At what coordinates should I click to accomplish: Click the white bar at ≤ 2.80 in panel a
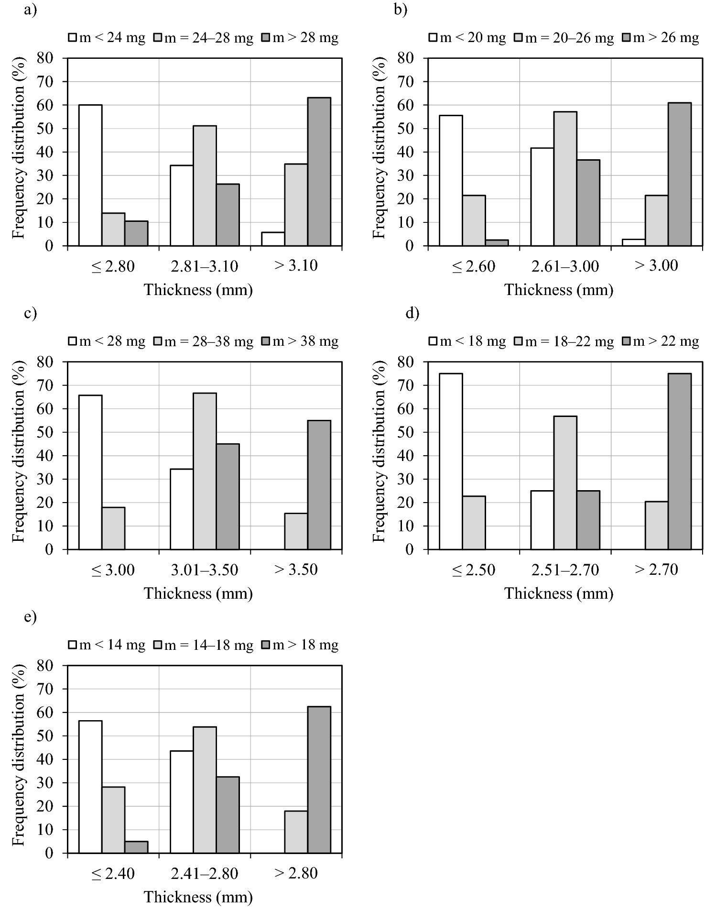click(90, 175)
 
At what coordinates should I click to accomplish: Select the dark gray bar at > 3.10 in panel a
click(319, 172)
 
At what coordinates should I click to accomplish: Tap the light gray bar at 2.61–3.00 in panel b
click(565, 179)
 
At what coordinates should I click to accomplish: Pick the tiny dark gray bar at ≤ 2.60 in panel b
click(497, 243)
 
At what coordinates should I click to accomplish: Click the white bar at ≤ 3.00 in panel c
click(90, 472)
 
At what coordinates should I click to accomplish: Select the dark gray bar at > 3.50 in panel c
click(319, 485)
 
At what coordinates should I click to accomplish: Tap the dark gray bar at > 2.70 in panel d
click(679, 461)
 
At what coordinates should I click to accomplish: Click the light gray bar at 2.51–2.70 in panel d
click(565, 483)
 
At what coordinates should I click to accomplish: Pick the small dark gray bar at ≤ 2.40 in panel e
click(136, 847)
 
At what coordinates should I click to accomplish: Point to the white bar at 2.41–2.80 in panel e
click(182, 802)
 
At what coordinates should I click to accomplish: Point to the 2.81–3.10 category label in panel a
click(205, 266)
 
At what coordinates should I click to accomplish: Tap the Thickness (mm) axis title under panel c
click(198, 593)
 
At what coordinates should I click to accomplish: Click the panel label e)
click(30, 617)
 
